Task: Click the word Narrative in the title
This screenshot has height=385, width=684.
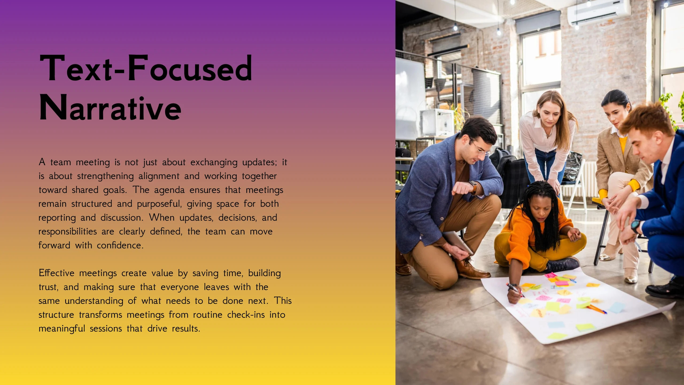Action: click(110, 107)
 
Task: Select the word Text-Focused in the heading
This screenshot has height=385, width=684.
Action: click(146, 68)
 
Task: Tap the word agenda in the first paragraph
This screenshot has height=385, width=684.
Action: click(169, 190)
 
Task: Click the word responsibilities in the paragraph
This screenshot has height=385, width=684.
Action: click(68, 232)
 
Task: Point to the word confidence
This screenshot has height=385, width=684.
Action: click(120, 245)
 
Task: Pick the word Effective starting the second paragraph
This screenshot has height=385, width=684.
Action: click(56, 273)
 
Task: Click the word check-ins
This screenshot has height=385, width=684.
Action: click(246, 315)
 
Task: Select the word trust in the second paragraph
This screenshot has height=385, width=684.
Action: click(48, 287)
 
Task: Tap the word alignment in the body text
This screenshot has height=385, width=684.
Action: click(159, 176)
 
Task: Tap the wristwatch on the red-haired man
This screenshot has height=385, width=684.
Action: click(636, 226)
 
